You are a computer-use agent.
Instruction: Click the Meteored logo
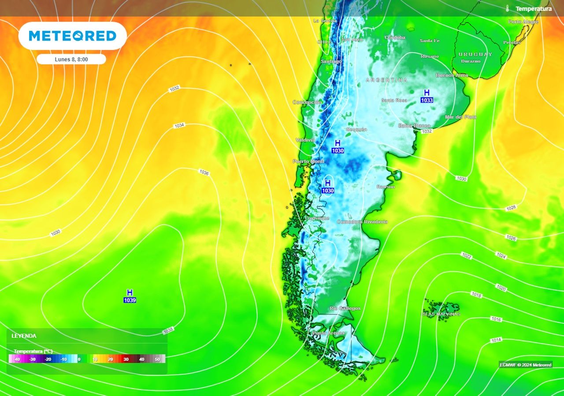(72, 36)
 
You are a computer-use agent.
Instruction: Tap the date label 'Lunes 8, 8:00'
(71, 59)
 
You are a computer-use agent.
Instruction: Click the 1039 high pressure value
(130, 300)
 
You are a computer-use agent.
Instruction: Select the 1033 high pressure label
(427, 100)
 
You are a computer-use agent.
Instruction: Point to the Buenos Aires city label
(452, 75)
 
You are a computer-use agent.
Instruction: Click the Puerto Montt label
(308, 161)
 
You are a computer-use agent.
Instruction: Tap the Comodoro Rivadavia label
(362, 222)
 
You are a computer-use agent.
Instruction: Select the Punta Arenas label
(328, 333)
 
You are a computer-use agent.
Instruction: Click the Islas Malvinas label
(441, 314)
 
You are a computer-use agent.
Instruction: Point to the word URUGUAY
(475, 54)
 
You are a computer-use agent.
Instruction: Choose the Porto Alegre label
(523, 22)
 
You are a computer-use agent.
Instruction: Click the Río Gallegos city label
(345, 308)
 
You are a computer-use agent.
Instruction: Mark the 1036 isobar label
(204, 172)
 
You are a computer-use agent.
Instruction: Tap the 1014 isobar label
(496, 340)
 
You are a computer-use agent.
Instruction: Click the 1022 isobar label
(467, 256)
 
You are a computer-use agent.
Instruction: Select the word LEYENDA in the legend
(24, 336)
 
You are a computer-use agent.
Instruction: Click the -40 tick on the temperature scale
(17, 359)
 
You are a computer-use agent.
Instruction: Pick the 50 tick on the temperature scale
(157, 359)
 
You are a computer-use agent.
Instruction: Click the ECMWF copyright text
(525, 365)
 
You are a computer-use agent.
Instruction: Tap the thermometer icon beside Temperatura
(508, 9)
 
